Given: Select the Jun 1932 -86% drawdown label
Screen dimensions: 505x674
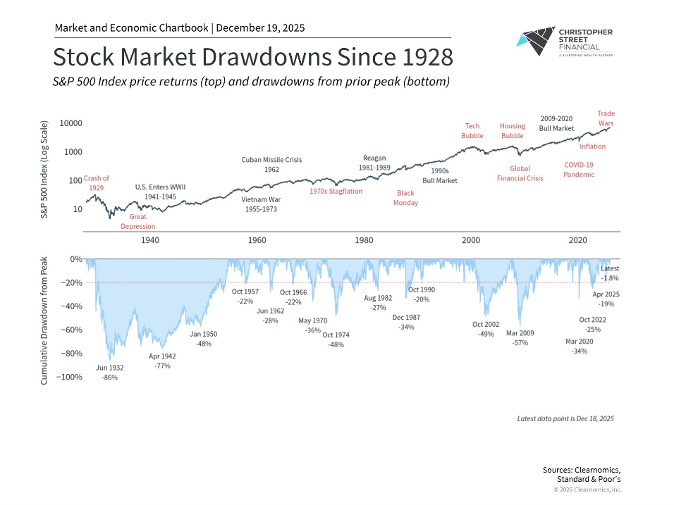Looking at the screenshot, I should (x=109, y=373).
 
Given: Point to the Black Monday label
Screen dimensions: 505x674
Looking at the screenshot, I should (x=405, y=198).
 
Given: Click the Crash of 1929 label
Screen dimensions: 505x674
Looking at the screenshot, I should (x=97, y=182).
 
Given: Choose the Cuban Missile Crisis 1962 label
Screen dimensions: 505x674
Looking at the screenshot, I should (x=271, y=165).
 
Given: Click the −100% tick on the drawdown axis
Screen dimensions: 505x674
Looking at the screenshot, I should (x=69, y=377).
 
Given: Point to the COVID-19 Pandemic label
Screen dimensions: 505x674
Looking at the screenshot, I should (x=579, y=169).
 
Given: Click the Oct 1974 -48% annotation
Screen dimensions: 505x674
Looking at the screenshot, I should (x=336, y=339).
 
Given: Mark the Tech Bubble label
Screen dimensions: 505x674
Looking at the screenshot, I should (x=472, y=131).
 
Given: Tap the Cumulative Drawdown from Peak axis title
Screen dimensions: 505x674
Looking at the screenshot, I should (x=44, y=318).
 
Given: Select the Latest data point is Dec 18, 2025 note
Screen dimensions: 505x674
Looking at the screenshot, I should (x=565, y=418).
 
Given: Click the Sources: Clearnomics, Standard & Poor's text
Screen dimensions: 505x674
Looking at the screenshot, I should (x=582, y=474).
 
